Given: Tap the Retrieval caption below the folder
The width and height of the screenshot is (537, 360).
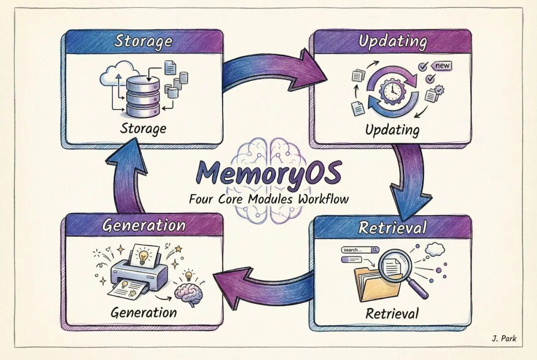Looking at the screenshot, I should (x=392, y=314).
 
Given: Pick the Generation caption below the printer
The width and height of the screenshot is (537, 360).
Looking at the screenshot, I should (x=144, y=313).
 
